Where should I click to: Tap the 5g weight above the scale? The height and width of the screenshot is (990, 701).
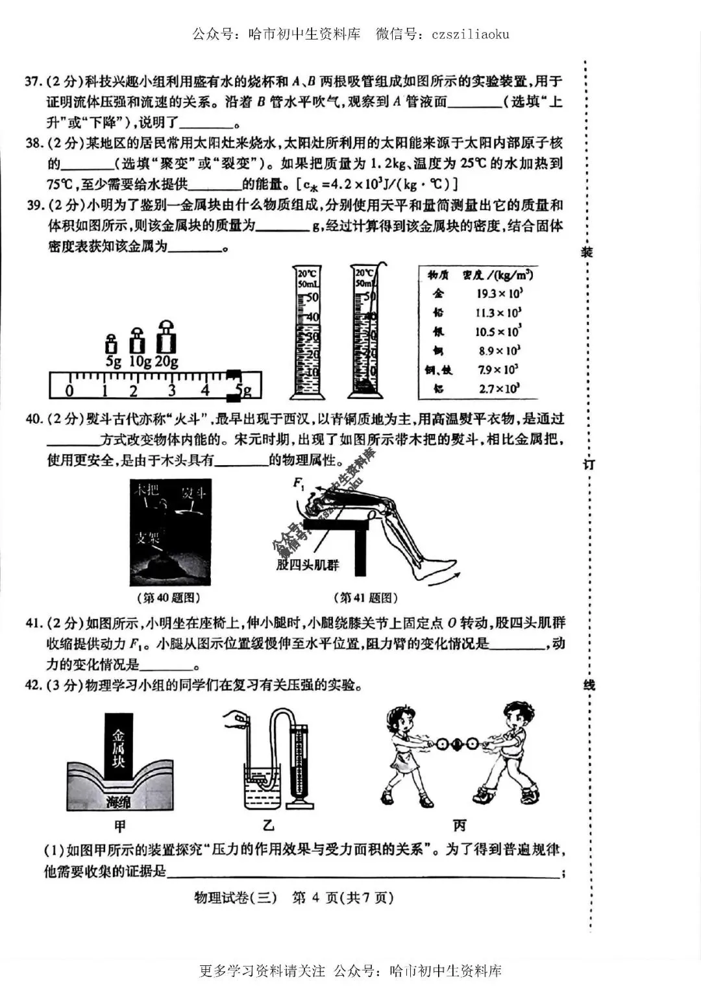click(x=112, y=344)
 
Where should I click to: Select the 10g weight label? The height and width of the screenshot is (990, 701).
click(x=140, y=362)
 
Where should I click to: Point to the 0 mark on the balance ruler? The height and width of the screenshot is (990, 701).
click(x=69, y=391)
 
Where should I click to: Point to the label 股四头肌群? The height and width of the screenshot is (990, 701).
click(x=308, y=565)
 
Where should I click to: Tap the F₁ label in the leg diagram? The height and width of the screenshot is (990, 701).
click(x=299, y=483)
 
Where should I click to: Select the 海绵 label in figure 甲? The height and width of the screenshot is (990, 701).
click(x=118, y=802)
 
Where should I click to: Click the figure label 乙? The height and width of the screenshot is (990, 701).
click(x=268, y=825)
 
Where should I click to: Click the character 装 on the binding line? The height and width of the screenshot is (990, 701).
click(x=587, y=252)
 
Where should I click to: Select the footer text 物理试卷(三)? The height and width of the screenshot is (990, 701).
click(x=235, y=898)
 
